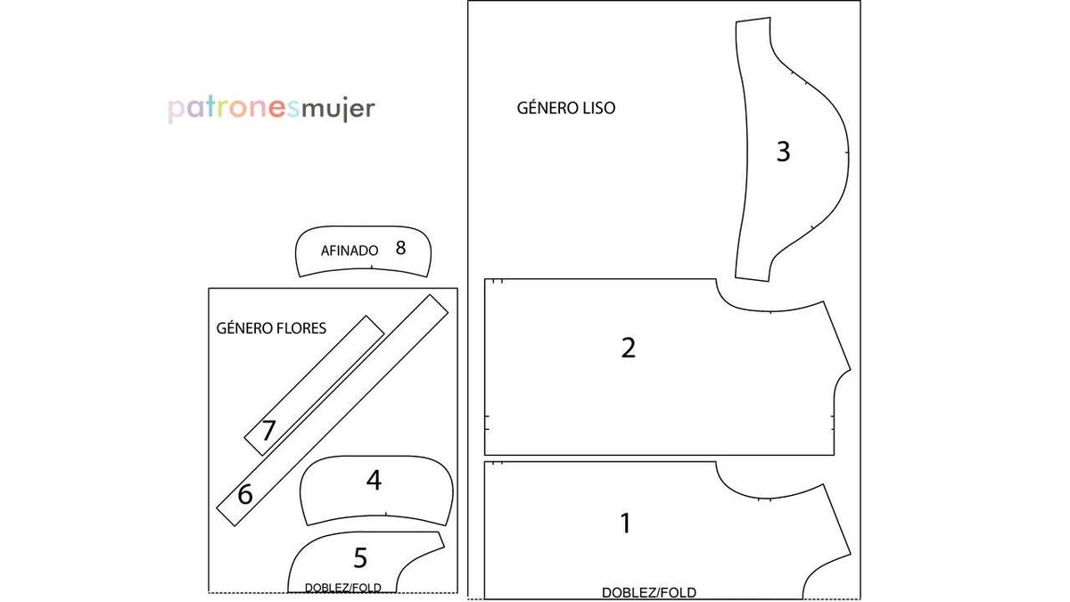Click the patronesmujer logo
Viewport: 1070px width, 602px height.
tap(271, 110)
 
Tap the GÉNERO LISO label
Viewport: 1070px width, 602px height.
tap(566, 108)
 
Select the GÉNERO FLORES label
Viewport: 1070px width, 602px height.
tap(271, 328)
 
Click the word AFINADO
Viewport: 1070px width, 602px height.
tap(350, 251)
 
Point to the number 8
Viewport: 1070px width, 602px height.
tap(400, 248)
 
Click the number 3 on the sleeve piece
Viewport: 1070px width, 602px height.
tap(784, 152)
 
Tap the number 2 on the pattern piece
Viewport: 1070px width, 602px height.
tap(628, 348)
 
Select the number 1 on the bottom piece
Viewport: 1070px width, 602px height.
tap(625, 524)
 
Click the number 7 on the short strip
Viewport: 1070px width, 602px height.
tap(268, 431)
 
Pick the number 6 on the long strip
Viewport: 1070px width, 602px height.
tap(245, 494)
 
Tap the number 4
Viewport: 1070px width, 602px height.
tap(374, 480)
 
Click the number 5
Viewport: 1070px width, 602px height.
tap(360, 557)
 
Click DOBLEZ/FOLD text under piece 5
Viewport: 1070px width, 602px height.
tap(343, 588)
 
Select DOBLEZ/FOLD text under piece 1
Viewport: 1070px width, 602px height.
tap(649, 593)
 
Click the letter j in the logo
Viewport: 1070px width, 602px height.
tap(346, 110)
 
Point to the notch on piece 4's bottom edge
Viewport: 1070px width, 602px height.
tap(386, 514)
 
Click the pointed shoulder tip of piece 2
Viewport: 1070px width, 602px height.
tap(851, 369)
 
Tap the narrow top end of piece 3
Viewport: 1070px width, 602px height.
tap(753, 20)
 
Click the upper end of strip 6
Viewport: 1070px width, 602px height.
tap(439, 304)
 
